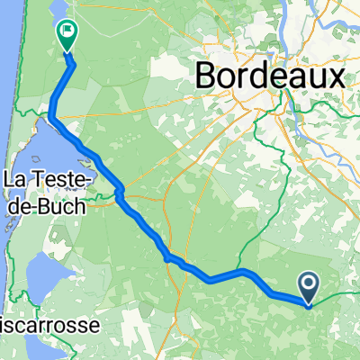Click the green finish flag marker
[x=66, y=34]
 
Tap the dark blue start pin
[x=309, y=289]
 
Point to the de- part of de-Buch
[x=22, y=205]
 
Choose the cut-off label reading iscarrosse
[x=41, y=321]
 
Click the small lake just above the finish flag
[x=59, y=11]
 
